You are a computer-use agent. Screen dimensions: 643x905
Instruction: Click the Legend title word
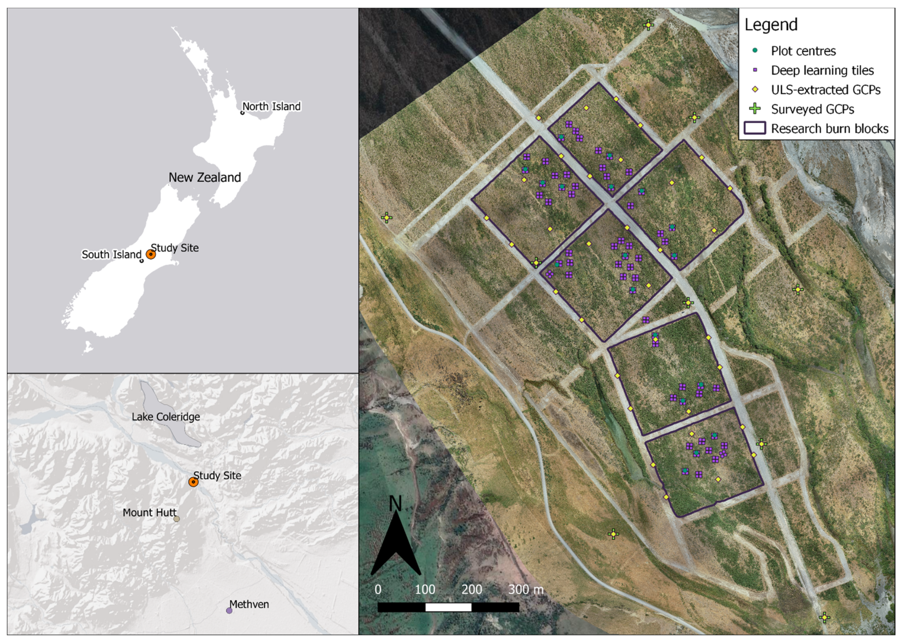click(771, 25)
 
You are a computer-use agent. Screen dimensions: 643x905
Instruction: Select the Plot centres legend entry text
click(803, 51)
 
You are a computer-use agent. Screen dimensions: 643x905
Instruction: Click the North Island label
click(271, 106)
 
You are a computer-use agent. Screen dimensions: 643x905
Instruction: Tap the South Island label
click(111, 254)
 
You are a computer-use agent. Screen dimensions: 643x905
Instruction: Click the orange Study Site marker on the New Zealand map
click(151, 254)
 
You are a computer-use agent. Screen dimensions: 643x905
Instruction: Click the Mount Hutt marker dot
click(177, 519)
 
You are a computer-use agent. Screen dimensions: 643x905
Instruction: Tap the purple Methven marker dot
click(229, 611)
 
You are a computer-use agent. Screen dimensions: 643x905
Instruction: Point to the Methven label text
click(249, 604)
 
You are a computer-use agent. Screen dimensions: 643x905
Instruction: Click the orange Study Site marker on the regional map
click(193, 482)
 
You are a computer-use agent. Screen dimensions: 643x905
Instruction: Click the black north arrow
click(396, 546)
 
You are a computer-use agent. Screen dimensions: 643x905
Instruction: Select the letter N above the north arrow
click(396, 504)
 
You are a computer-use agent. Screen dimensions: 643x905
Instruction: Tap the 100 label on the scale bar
click(425, 589)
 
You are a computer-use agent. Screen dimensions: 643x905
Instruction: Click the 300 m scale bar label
click(526, 589)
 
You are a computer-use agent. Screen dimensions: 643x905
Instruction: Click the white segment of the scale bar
click(448, 607)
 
